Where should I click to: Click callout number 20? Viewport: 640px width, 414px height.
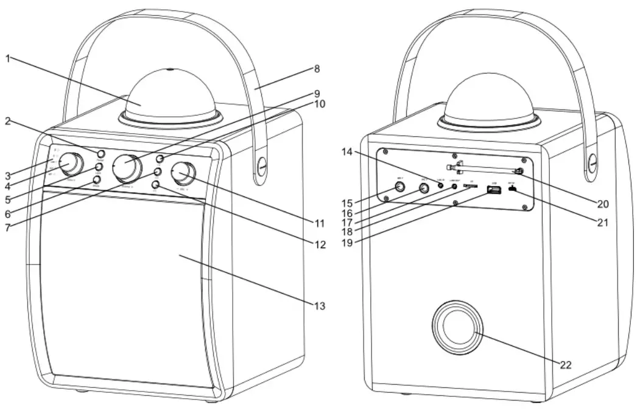tap(602, 203)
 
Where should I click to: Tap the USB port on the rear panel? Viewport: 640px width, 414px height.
tap(493, 191)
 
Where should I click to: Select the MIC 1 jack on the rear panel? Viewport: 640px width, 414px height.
tap(399, 187)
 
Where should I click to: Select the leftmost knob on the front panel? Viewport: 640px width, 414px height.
tap(71, 164)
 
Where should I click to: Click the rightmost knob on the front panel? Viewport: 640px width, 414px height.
tap(183, 173)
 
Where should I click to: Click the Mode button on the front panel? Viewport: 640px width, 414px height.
tap(96, 179)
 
